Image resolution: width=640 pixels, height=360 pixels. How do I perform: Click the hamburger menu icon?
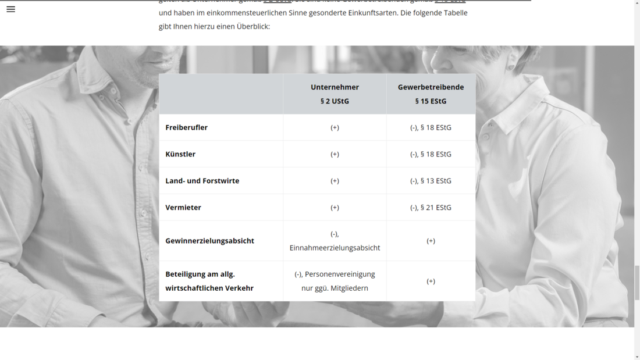point(10,9)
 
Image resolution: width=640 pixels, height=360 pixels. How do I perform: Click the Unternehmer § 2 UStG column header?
point(335,94)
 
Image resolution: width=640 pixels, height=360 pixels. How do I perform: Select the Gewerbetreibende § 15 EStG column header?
point(431,94)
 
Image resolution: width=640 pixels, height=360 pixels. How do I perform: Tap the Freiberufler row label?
point(186,127)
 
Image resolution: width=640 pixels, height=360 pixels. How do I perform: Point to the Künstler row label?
point(180,154)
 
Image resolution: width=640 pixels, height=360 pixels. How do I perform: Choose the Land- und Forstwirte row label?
point(202,181)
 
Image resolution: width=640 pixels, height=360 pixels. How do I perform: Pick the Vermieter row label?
point(183,208)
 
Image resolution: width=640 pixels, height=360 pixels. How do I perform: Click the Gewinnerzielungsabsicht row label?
point(209,241)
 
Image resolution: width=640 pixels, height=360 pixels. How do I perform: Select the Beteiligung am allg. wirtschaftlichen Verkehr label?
point(209,281)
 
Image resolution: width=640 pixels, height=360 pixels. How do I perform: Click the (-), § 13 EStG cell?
point(431,181)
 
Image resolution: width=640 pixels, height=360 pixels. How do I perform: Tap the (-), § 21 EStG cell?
point(431,208)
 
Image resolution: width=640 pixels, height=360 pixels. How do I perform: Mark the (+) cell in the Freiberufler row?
point(335,127)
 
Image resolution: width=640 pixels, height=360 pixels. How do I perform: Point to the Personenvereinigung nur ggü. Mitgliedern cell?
point(335,281)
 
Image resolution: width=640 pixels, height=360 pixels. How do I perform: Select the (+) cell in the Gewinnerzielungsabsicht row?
point(431,241)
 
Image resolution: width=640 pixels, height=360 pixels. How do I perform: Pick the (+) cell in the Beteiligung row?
point(431,281)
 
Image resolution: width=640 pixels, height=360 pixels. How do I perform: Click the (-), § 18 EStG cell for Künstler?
point(431,154)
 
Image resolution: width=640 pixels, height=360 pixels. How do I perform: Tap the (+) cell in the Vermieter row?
point(335,208)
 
